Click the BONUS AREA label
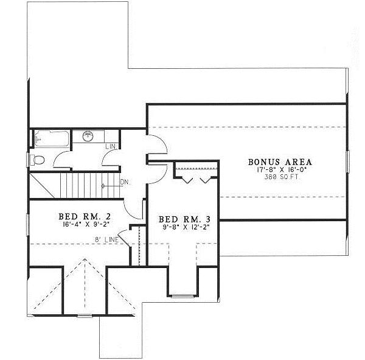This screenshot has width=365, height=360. [x=280, y=162]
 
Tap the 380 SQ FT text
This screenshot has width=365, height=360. [x=280, y=177]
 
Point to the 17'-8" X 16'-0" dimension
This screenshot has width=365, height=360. [x=280, y=170]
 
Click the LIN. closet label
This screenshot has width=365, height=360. [x=110, y=147]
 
